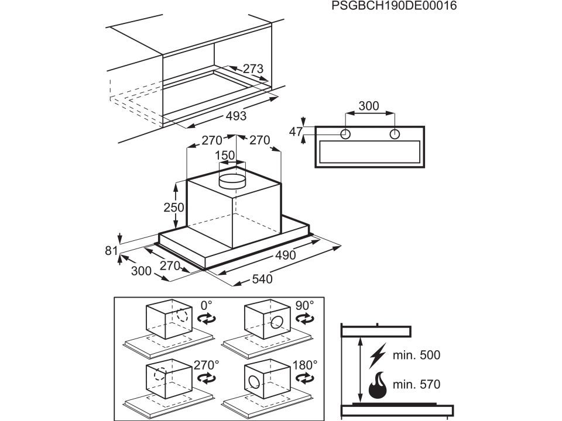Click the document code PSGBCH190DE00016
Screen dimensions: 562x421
(394, 6)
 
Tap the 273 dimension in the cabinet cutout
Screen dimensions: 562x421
(253, 68)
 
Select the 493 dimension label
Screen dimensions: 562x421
(236, 116)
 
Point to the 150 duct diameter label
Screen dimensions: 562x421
(225, 156)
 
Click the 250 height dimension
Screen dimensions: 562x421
(174, 207)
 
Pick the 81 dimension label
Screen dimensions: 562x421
(111, 251)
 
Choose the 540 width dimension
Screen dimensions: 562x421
(262, 279)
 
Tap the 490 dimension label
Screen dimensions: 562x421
(286, 255)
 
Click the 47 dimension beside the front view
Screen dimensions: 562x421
(296, 132)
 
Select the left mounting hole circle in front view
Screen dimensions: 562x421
(345, 134)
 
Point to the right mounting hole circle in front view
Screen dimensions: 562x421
(395, 134)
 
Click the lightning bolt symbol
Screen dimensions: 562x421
(378, 356)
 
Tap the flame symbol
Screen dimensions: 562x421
(378, 385)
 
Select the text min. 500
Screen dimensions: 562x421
(416, 355)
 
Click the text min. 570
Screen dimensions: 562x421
(416, 385)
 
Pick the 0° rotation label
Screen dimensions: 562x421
(207, 305)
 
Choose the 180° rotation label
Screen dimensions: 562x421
(305, 365)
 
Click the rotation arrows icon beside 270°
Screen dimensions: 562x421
(207, 378)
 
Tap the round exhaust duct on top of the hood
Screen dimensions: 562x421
(232, 181)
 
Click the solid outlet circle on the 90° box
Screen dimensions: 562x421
(277, 323)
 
